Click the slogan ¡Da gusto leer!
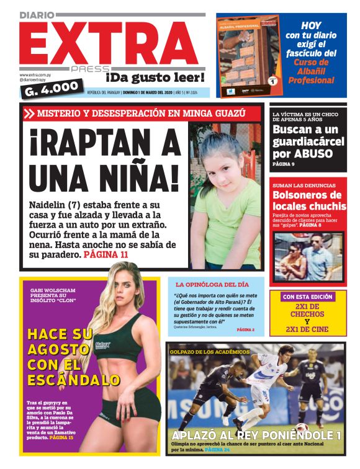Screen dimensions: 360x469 point(155,78)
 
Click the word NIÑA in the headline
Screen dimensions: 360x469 point(136,176)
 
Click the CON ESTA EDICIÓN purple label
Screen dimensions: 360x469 point(307,297)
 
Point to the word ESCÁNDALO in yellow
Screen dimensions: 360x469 point(73,380)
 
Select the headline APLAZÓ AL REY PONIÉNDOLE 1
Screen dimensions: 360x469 point(256,435)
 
